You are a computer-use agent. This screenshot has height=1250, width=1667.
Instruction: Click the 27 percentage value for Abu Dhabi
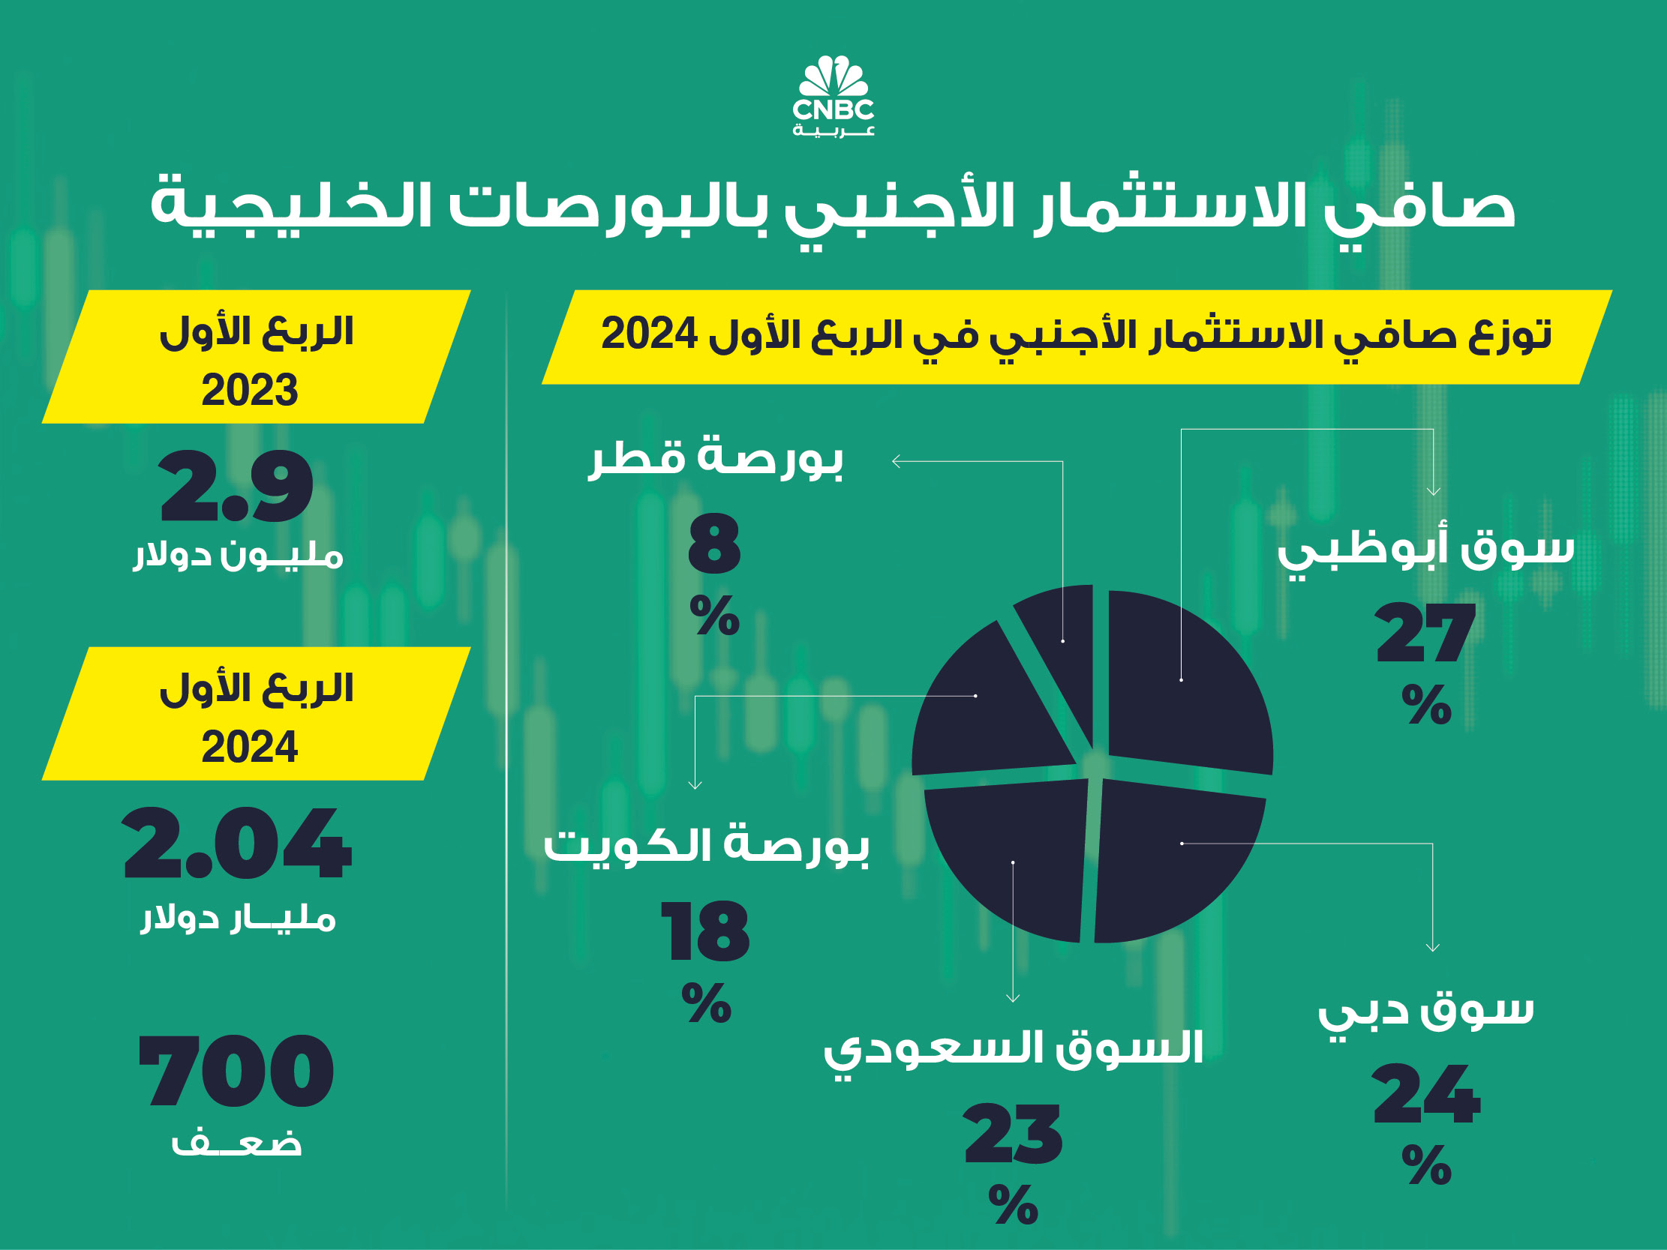1425,634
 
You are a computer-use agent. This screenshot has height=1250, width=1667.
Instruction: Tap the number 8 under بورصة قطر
714,544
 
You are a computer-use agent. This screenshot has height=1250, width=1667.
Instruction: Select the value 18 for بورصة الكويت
705,932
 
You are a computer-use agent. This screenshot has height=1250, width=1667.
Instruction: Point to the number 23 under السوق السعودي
1013,1134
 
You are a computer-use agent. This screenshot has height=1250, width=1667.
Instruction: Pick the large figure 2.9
236,487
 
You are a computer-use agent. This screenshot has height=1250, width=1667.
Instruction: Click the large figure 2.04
236,843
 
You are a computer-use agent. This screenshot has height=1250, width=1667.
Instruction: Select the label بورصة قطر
716,457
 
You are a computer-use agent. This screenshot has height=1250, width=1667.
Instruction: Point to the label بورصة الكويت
706,845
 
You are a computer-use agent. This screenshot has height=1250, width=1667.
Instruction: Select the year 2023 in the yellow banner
249,390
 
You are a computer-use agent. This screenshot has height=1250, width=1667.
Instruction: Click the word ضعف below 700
236,1144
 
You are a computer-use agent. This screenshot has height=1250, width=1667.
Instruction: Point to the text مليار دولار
238,919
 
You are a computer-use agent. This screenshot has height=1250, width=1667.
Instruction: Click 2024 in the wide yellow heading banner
649,334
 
